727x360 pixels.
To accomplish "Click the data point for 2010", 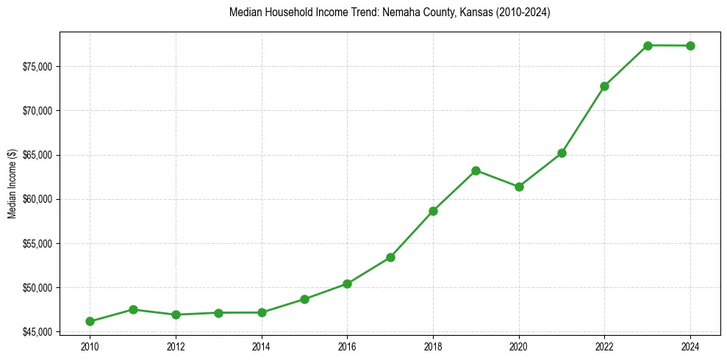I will pos(90,321).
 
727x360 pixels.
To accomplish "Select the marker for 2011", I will pos(133,309).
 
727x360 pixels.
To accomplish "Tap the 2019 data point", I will pos(476,170).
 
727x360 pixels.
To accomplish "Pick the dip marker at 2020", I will pos(519,187).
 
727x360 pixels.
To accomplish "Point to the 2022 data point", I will pos(604,86).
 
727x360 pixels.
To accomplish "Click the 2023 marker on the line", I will pos(648,46).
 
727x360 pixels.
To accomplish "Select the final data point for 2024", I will pos(690,46).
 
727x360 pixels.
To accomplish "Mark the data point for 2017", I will pos(390,257).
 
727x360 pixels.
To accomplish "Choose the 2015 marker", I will pos(304,299).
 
